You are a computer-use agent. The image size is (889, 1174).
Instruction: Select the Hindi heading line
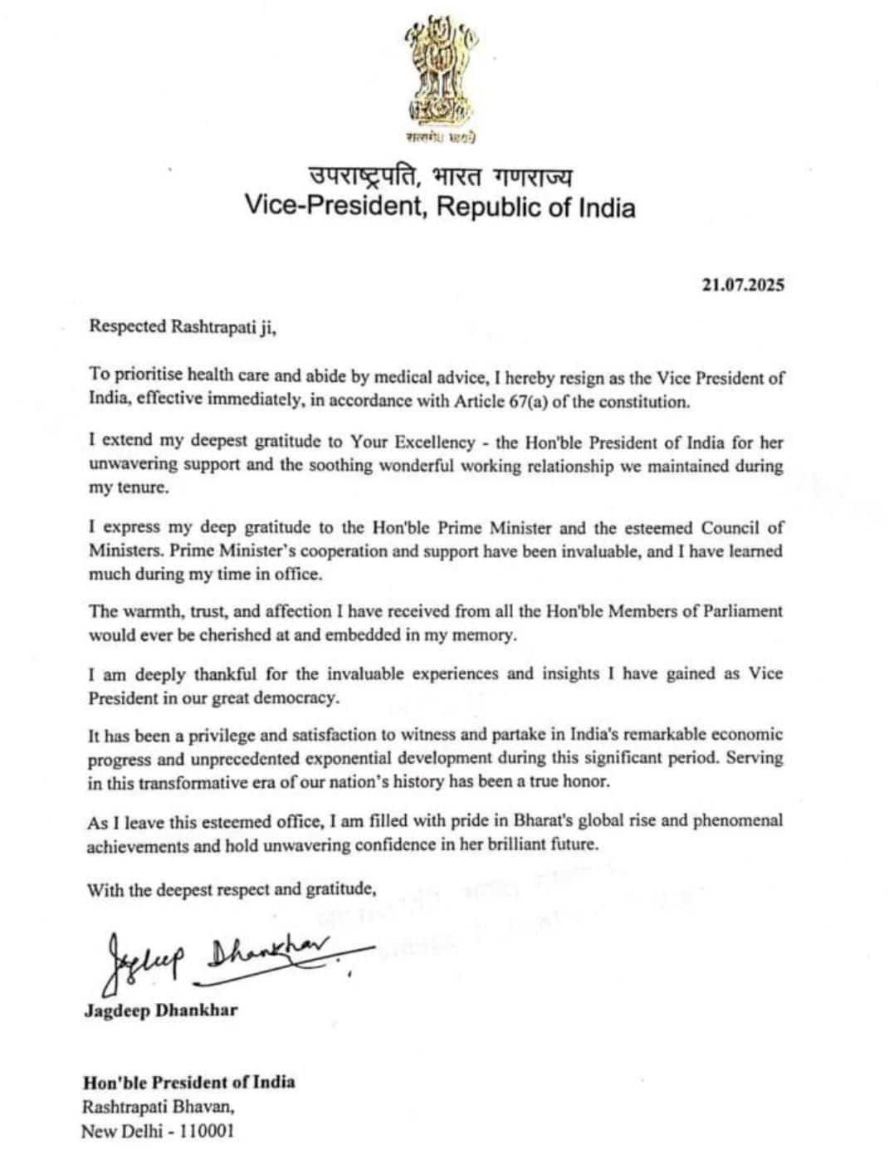point(439,176)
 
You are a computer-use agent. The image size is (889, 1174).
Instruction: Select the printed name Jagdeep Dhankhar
point(161,1010)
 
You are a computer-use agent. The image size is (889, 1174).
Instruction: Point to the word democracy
point(299,697)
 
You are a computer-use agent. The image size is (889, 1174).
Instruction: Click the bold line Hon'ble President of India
point(188,1082)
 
